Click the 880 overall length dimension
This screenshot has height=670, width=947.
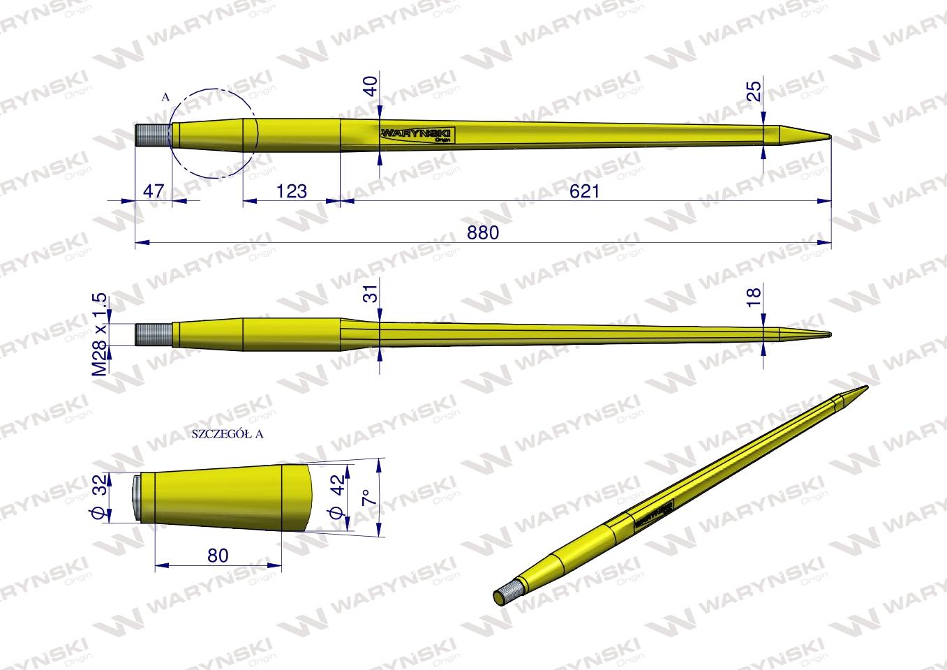click(484, 233)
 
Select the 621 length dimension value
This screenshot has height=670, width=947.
click(585, 191)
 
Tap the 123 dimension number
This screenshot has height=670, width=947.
click(291, 191)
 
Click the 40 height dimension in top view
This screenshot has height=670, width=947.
click(371, 87)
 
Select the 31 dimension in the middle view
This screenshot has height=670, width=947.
click(371, 292)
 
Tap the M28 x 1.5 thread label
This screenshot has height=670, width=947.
click(100, 334)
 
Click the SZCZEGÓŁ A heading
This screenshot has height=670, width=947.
click(226, 433)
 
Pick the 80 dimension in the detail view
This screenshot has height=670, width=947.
click(218, 555)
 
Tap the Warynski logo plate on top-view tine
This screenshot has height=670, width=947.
click(417, 135)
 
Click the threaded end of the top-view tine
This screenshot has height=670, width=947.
click(153, 135)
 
